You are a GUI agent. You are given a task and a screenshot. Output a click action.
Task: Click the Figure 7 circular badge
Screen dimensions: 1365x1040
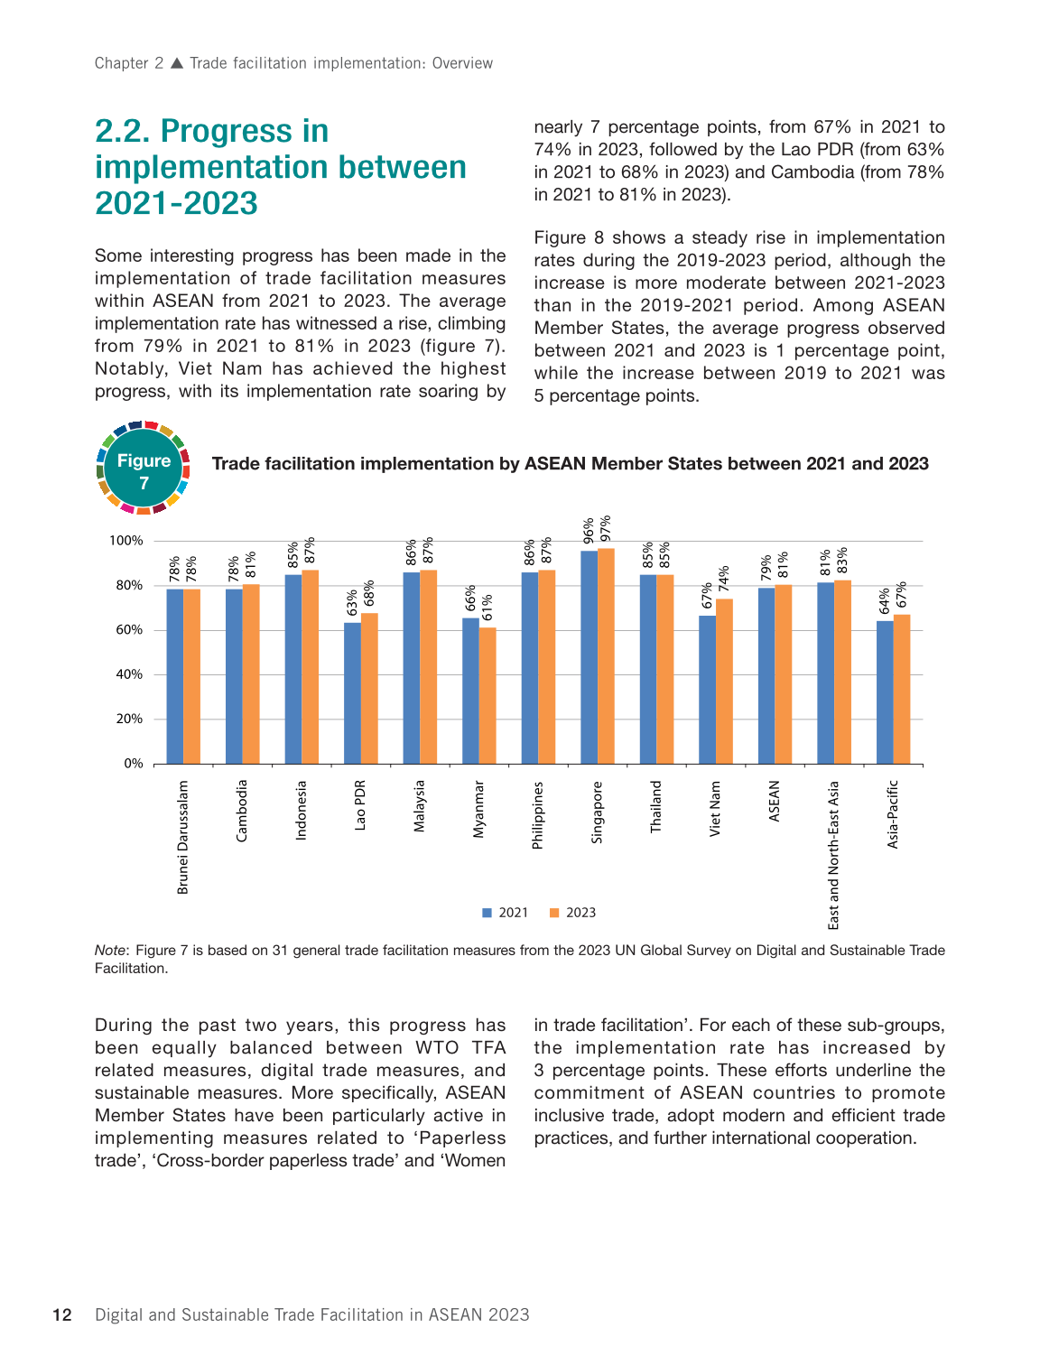tap(144, 469)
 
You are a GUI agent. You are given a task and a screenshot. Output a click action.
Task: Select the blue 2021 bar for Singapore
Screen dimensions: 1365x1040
tap(589, 658)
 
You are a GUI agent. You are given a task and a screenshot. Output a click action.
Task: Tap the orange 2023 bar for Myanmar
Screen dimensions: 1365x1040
tap(487, 696)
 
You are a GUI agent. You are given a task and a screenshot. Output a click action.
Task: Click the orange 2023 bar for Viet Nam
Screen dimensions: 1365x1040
tap(724, 682)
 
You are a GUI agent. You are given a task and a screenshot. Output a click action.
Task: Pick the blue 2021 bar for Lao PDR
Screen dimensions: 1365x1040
tap(352, 693)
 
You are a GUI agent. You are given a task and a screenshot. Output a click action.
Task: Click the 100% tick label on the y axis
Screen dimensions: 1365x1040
tap(126, 541)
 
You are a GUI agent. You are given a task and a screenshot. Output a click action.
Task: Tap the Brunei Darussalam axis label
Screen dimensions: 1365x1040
tap(183, 837)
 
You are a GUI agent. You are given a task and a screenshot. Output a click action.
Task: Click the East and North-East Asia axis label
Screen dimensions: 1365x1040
tap(833, 854)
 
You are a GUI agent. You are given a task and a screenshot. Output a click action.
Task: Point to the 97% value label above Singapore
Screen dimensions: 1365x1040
tap(606, 527)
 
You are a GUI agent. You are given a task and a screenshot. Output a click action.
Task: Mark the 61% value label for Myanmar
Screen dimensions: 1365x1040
tap(487, 608)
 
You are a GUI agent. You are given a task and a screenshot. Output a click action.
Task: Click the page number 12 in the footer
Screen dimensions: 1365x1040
tap(61, 1314)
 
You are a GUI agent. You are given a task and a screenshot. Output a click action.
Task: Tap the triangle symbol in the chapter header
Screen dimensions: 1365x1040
tap(177, 63)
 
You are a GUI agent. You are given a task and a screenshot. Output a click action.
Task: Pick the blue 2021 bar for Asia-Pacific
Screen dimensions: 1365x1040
tap(885, 692)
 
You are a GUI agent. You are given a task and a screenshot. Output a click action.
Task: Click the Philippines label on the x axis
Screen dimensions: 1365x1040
tap(538, 814)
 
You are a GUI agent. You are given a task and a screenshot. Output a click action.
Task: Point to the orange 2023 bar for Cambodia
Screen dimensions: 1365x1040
tap(251, 674)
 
